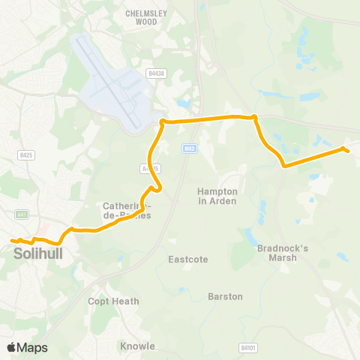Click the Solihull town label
[37, 254]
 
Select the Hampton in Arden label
[217, 196]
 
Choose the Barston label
[226, 296]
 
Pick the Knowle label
[137, 346]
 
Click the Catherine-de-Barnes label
[127, 210]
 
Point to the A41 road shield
[22, 214]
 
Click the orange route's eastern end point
[347, 150]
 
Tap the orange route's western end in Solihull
[12, 241]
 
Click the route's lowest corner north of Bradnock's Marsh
[283, 166]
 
